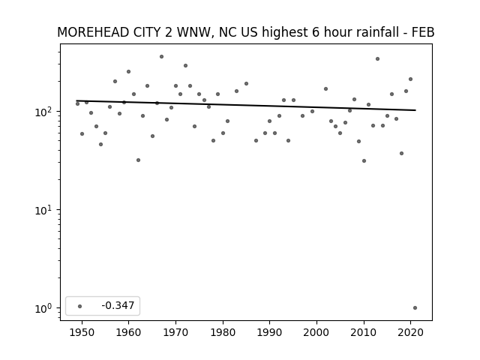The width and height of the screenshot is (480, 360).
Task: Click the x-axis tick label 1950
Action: [x=82, y=332]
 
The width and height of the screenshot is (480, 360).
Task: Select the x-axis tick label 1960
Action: [x=128, y=332]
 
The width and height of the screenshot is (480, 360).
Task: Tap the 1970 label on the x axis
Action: [x=175, y=332]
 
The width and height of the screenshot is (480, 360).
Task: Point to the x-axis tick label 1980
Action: [x=223, y=332]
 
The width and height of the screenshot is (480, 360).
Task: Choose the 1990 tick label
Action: [x=270, y=332]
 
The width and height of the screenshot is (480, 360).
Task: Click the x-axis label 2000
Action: [x=316, y=332]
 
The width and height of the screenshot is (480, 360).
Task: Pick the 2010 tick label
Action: [x=364, y=332]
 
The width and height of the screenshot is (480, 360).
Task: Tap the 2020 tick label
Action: [x=410, y=332]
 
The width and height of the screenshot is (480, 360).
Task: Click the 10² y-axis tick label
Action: [x=45, y=112]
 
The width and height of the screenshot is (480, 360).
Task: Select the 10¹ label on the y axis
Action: [x=45, y=210]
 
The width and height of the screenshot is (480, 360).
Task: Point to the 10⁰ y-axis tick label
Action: [x=45, y=308]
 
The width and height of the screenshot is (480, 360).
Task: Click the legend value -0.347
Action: [x=118, y=305]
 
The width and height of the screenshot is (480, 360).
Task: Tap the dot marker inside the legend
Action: [x=80, y=306]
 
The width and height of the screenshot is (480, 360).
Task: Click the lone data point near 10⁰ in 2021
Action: [x=415, y=308]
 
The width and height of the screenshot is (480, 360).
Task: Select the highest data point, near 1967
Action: [x=162, y=57]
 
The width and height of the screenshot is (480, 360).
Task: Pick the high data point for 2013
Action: [x=377, y=58]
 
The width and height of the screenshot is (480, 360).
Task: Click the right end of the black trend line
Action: [x=415, y=110]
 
